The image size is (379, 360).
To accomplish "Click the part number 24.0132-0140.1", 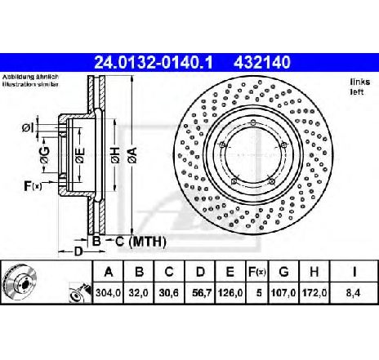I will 140,60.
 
